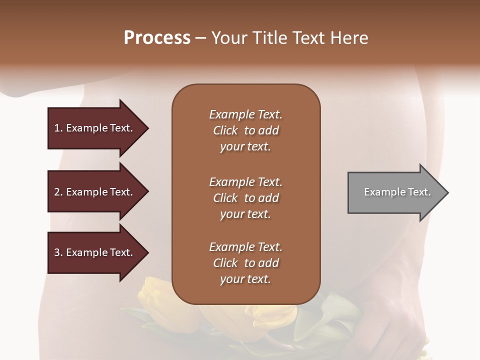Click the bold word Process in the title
[157, 38]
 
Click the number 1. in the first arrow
[58, 128]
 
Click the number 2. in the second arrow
[58, 192]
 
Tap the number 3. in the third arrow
[58, 252]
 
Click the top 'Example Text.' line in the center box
[245, 114]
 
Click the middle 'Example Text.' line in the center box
[245, 182]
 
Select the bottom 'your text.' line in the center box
[245, 279]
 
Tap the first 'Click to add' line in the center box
[245, 130]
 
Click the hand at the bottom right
[400, 320]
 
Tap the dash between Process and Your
[201, 38]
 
